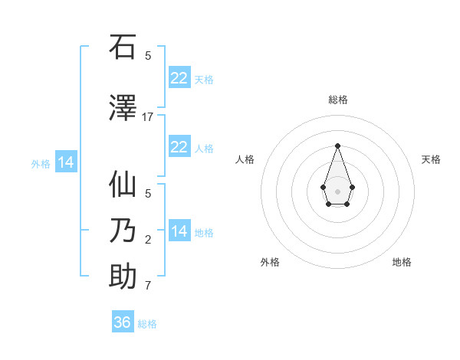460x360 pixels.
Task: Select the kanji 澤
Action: click(x=123, y=108)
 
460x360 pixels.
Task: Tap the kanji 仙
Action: click(x=123, y=185)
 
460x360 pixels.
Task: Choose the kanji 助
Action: click(x=123, y=277)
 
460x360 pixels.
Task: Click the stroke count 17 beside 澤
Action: click(x=148, y=116)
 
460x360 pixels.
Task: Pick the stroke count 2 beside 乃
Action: click(x=148, y=240)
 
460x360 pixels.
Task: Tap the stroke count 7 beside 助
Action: click(x=148, y=286)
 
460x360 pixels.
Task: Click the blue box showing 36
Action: click(x=123, y=322)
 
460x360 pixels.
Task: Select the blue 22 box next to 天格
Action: click(x=179, y=78)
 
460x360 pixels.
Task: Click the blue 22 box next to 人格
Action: click(x=179, y=147)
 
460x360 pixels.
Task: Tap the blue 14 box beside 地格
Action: click(x=179, y=231)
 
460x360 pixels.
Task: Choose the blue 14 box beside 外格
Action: click(x=66, y=162)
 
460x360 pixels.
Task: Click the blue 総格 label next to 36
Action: click(x=147, y=324)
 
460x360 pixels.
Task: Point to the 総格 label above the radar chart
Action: click(x=337, y=100)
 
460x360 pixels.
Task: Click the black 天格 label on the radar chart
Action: click(x=431, y=159)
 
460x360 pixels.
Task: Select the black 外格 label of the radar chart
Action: click(x=270, y=262)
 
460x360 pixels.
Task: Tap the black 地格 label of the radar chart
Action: click(x=402, y=262)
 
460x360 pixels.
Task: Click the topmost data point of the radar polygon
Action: click(x=337, y=146)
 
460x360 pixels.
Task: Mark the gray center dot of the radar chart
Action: click(x=337, y=191)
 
